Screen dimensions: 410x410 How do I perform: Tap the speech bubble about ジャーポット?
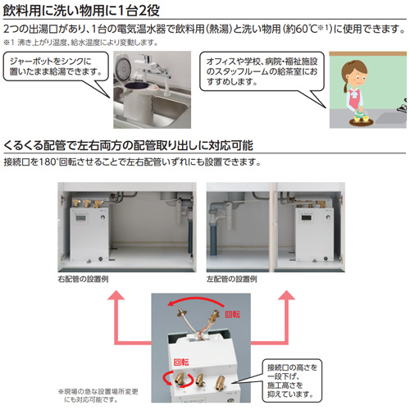[51, 71]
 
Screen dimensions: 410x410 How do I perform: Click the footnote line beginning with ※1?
[90, 39]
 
